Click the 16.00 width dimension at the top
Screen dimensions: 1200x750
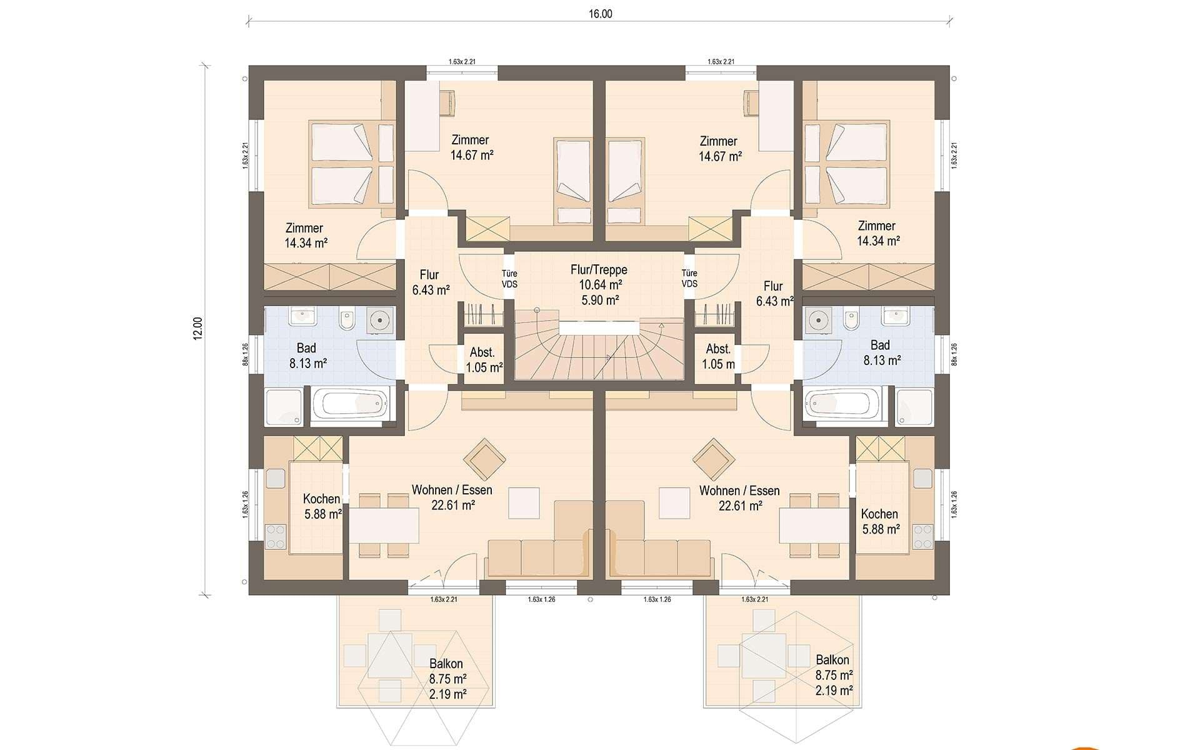[x=600, y=14]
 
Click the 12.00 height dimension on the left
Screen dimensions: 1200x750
[x=198, y=328]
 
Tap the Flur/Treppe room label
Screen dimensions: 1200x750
[x=599, y=270]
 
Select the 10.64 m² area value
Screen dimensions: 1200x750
[x=600, y=285]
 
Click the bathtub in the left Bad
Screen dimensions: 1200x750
[x=349, y=404]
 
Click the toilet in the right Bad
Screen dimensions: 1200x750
[x=851, y=319]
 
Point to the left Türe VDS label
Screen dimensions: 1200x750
[x=509, y=278]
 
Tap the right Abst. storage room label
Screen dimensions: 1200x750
[x=718, y=349]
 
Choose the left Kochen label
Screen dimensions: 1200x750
[x=321, y=499]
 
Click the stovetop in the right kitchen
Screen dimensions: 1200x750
[x=922, y=536]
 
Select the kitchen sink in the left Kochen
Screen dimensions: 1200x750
[x=276, y=478]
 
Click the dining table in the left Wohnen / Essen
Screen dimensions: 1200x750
[x=384, y=525]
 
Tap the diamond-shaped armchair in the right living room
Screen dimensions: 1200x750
[x=714, y=459]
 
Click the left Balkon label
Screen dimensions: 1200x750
[x=446, y=664]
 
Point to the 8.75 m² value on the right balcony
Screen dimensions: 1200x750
[x=834, y=675]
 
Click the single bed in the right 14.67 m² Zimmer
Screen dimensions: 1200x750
[x=625, y=181]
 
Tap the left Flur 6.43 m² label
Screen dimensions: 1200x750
[x=431, y=282]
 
